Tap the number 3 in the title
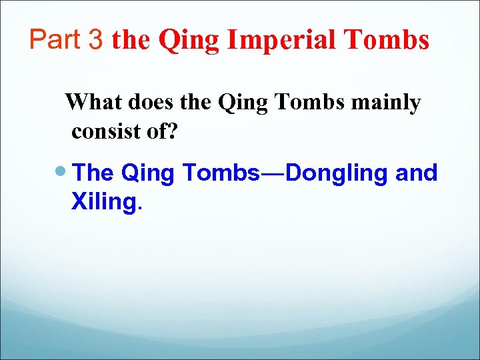click(x=97, y=40)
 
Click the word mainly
click(x=390, y=104)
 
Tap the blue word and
click(x=417, y=173)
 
